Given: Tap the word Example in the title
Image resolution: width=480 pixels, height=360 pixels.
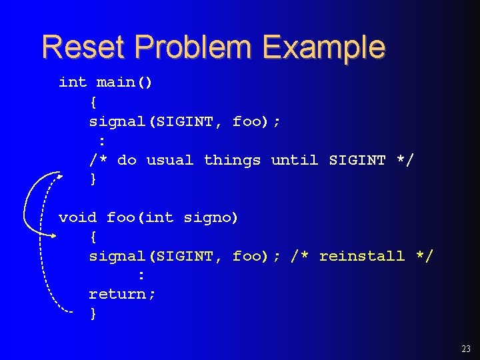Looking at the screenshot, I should [x=323, y=47].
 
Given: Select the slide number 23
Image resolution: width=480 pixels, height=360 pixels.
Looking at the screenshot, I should [x=465, y=349].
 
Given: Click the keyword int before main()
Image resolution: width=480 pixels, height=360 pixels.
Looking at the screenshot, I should [x=73, y=83].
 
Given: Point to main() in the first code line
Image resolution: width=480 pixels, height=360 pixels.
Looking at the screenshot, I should [x=125, y=83].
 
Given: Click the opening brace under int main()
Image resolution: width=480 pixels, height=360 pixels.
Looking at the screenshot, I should [x=93, y=102].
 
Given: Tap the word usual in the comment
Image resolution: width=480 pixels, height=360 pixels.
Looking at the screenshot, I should [x=170, y=160].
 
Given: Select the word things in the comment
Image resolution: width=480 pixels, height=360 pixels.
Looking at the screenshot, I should [x=232, y=160].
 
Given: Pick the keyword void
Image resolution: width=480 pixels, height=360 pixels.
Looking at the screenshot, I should [x=77, y=217].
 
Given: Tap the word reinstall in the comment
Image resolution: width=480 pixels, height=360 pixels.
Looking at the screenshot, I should [x=362, y=256].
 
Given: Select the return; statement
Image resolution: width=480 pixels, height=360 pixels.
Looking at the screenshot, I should [x=123, y=294].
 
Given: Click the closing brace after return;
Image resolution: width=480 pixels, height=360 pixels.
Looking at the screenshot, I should [x=93, y=313].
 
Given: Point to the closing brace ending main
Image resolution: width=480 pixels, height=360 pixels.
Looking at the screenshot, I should [x=93, y=179].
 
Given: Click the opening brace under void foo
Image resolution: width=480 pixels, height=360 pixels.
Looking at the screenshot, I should [x=93, y=237].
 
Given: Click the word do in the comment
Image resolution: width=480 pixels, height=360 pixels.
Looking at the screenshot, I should [x=127, y=160].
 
